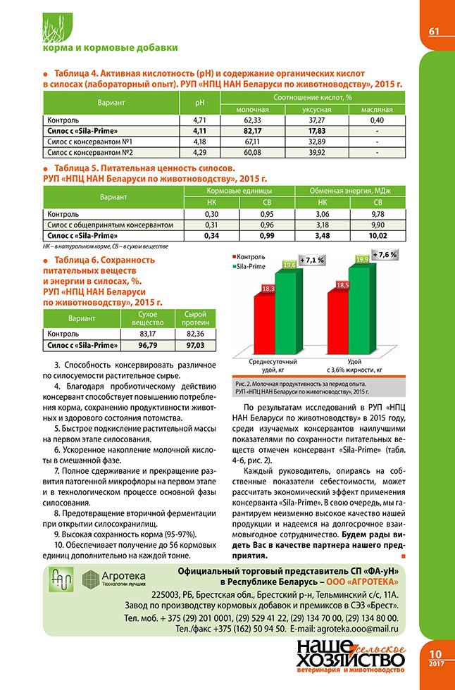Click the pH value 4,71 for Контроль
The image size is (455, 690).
[198, 120]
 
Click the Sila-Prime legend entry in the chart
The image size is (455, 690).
[252, 268]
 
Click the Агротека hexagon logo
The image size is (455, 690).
[92, 579]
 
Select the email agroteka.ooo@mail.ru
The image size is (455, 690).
[355, 627]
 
